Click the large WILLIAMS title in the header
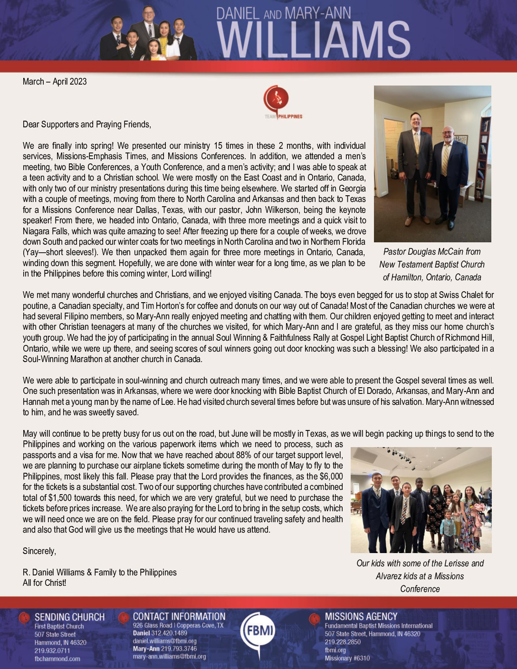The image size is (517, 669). (x=314, y=40)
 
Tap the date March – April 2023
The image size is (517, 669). (x=55, y=81)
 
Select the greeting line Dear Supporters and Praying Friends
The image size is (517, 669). (x=87, y=124)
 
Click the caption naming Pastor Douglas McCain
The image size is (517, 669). (x=432, y=264)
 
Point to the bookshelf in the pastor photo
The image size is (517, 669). (x=484, y=157)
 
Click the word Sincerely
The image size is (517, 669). (x=39, y=551)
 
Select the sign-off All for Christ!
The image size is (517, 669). (x=45, y=583)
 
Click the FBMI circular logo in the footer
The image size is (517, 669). (x=258, y=631)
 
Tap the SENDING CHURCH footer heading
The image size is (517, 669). (x=69, y=617)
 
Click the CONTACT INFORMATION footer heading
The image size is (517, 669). (x=179, y=616)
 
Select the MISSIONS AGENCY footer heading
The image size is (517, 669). (x=361, y=616)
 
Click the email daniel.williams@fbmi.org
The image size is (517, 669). (x=164, y=641)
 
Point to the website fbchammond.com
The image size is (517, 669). (x=57, y=659)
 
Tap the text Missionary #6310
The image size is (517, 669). (x=347, y=658)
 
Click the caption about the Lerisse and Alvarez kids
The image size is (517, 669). (x=420, y=576)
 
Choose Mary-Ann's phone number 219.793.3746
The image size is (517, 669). (x=178, y=649)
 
